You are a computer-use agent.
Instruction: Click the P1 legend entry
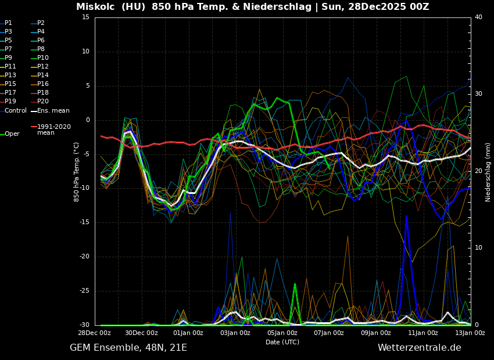[x=8, y=23]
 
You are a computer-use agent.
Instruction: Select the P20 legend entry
[x=42, y=102]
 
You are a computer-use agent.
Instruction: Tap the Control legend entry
[x=16, y=110]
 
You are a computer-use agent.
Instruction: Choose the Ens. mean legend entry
[x=53, y=110]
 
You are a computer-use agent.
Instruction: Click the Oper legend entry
[x=12, y=134]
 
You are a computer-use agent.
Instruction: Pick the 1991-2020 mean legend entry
[x=53, y=129]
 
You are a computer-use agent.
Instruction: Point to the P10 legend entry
[x=42, y=58]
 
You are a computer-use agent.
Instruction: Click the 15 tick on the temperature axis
[x=85, y=17]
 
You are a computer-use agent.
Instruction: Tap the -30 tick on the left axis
[x=84, y=325]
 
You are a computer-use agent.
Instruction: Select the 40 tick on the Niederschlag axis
[x=478, y=17]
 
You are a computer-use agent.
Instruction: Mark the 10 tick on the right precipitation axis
[x=478, y=248]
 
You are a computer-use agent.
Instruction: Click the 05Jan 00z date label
[x=282, y=333]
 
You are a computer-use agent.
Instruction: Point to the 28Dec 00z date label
[x=95, y=333]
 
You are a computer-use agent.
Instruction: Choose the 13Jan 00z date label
[x=470, y=333]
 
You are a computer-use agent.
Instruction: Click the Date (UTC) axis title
[x=282, y=343]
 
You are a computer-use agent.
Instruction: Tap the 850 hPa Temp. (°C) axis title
[x=77, y=171]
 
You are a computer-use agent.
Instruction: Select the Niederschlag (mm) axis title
[x=488, y=172]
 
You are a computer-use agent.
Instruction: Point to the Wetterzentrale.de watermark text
[x=419, y=348]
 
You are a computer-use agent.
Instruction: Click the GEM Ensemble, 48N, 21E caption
[x=128, y=348]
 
